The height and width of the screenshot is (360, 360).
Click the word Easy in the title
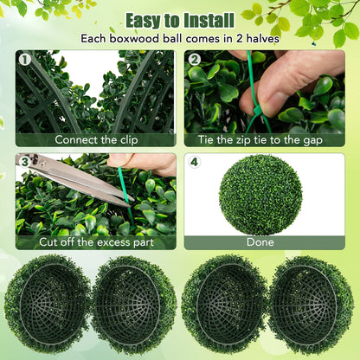[x=146, y=19]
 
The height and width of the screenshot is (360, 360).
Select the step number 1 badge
[x=24, y=60]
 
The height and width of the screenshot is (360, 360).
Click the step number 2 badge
[x=195, y=60]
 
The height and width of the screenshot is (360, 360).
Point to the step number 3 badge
[x=24, y=162]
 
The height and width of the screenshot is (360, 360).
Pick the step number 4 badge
[x=195, y=162]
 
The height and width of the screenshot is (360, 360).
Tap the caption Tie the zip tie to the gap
[x=264, y=138]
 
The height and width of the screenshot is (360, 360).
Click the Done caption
[x=260, y=242]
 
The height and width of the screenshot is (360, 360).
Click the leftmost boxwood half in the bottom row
[x=48, y=303]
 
